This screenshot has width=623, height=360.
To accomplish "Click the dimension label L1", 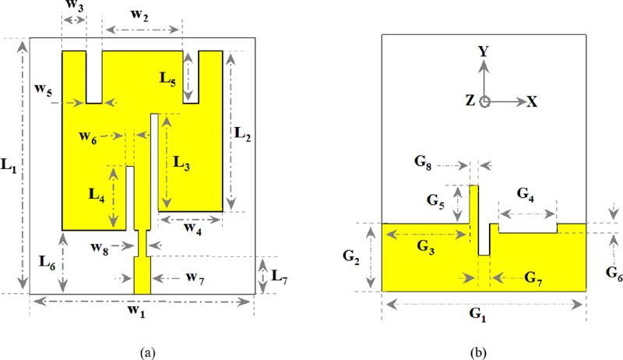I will pyautogui.click(x=9, y=165).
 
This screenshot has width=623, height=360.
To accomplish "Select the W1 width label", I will pyautogui.click(x=137, y=313).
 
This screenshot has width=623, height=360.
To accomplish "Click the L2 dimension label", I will pyautogui.click(x=243, y=133).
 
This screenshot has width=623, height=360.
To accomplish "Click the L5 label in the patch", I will pyautogui.click(x=169, y=78).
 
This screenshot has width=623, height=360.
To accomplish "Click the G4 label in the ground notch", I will pyautogui.click(x=526, y=193).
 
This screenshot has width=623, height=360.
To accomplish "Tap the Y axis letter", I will pyautogui.click(x=484, y=51).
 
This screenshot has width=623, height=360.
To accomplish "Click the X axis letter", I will pyautogui.click(x=533, y=101).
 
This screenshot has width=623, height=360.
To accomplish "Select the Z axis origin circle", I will pyautogui.click(x=484, y=101).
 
